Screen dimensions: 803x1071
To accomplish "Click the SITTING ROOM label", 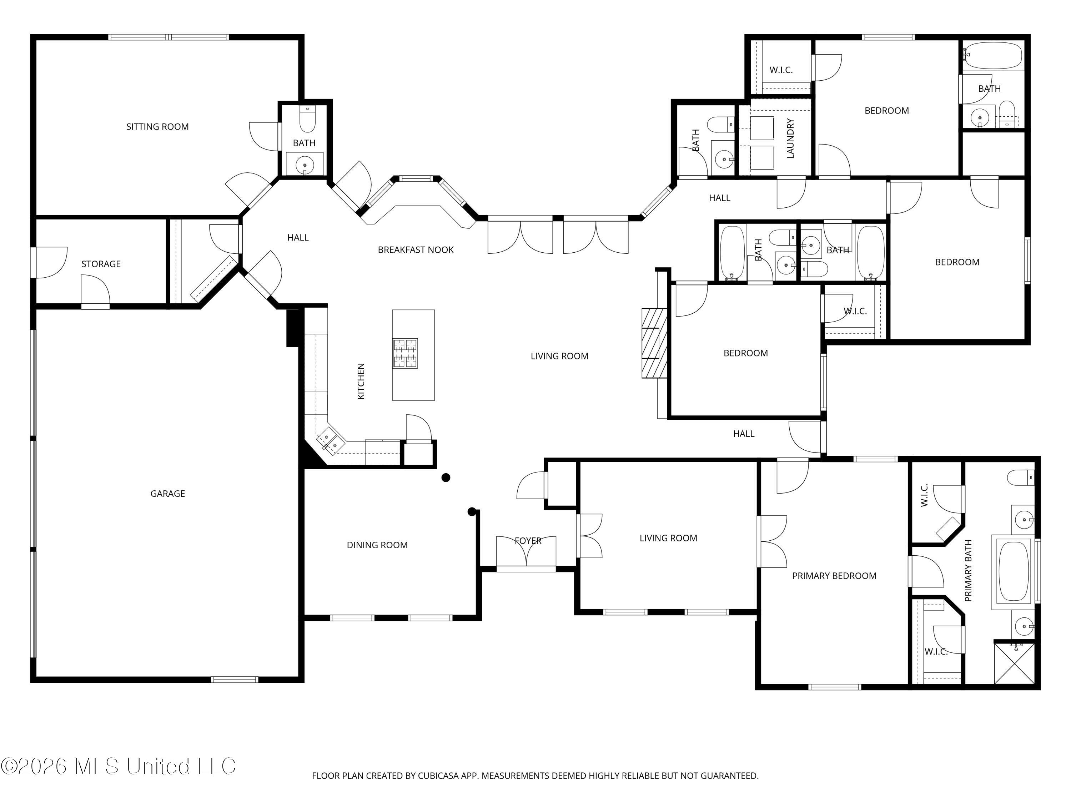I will [x=157, y=127].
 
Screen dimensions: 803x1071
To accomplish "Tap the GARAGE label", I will [x=167, y=494].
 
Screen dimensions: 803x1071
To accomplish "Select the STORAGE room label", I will [x=101, y=264].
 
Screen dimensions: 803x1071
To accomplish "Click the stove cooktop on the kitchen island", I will [x=405, y=353].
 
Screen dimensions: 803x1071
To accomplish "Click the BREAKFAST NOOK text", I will [x=416, y=250].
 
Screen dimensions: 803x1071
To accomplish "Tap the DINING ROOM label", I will [x=377, y=545].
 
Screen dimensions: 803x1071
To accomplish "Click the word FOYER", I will [x=528, y=541].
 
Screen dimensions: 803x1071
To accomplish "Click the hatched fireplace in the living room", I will [x=654, y=343].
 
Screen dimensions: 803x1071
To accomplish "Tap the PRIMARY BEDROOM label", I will [x=834, y=576].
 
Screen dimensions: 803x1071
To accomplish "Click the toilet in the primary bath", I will [x=1020, y=478].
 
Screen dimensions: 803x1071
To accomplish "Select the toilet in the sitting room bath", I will [x=307, y=119].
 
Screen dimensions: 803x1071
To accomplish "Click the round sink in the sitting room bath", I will [x=305, y=165].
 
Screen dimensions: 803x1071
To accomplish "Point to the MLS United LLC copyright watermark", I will [x=119, y=766].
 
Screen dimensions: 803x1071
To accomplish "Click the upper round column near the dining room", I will [x=446, y=478].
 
